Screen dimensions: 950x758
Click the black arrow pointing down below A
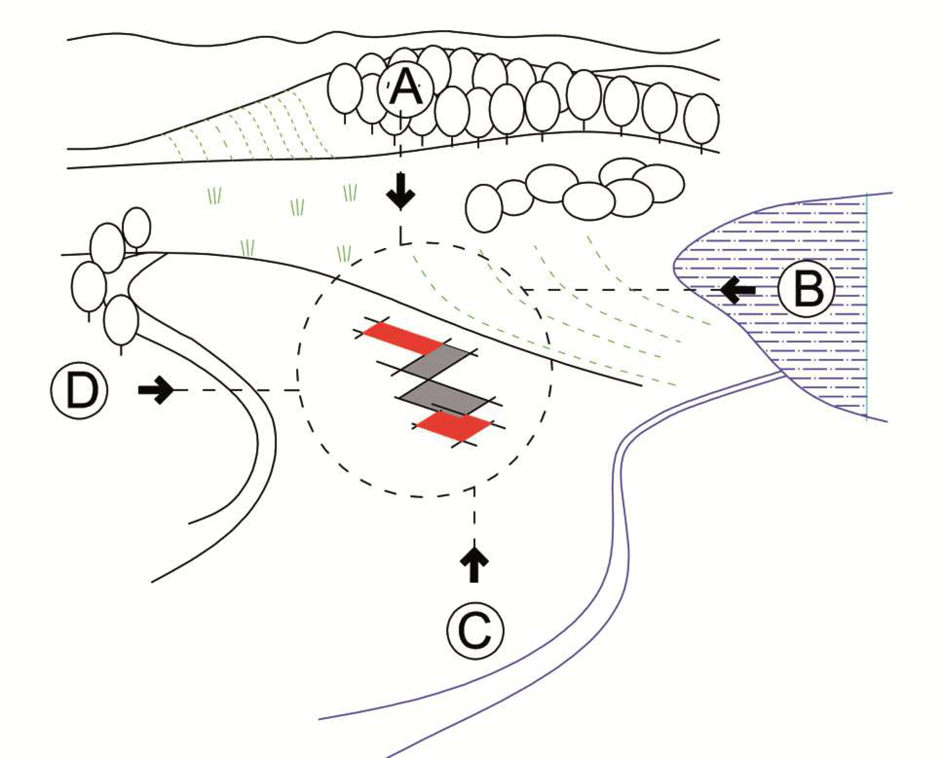(x=400, y=191)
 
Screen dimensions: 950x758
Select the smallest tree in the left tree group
(x=137, y=228)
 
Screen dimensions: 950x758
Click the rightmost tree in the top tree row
(x=701, y=118)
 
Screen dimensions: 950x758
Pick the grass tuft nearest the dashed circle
(x=344, y=254)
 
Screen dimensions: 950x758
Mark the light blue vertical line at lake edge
(x=867, y=308)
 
